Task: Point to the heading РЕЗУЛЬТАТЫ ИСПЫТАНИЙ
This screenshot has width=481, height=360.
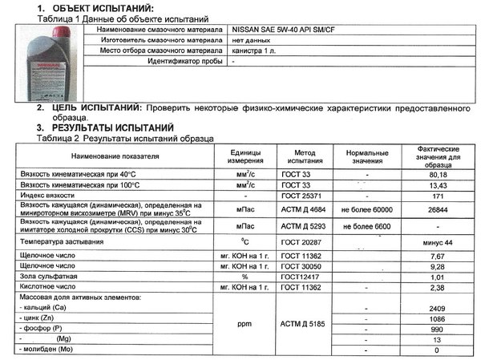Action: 112,127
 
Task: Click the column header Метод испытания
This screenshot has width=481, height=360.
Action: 297,155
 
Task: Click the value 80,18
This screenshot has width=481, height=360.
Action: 438,174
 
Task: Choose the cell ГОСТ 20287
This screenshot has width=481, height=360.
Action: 297,241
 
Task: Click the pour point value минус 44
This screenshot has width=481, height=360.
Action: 438,241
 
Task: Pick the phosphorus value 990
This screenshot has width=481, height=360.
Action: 438,329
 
